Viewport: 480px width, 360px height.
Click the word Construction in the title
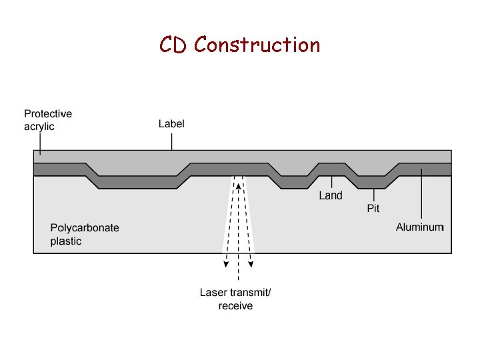(x=257, y=45)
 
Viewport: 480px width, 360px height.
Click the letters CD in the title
(x=175, y=45)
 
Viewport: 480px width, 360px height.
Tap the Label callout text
(x=171, y=124)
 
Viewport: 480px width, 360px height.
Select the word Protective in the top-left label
(x=48, y=114)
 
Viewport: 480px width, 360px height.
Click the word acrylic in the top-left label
(x=39, y=126)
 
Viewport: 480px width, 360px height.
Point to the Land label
(x=331, y=195)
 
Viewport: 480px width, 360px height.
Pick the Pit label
(x=373, y=209)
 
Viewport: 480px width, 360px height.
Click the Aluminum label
(x=419, y=227)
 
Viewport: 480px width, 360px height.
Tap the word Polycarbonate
(x=85, y=228)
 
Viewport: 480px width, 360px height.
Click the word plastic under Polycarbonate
(x=66, y=241)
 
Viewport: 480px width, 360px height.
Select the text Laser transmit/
(x=236, y=293)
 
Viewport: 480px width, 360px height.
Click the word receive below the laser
(x=236, y=306)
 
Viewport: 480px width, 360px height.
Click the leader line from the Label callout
(x=172, y=141)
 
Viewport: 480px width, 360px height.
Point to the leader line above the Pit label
(x=374, y=195)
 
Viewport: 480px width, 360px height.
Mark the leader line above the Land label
(x=331, y=181)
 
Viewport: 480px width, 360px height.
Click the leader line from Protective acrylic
(x=39, y=143)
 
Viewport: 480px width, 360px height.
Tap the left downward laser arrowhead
(x=226, y=264)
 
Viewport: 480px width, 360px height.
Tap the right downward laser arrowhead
(x=251, y=264)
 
